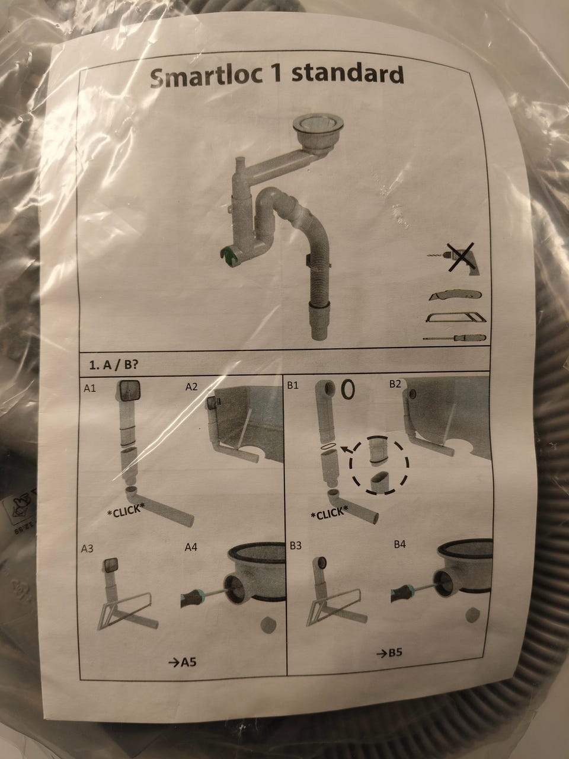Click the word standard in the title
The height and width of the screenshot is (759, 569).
point(347,74)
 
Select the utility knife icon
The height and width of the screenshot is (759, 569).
point(455,296)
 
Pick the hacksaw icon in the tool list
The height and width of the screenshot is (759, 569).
point(455,317)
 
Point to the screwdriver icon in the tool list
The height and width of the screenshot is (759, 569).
point(455,338)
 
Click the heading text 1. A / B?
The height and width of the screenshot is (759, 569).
point(113,365)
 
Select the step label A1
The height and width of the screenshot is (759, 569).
point(89,388)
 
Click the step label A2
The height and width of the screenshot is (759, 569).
point(191,387)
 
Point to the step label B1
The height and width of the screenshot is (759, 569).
point(293,385)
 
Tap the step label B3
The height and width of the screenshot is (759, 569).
point(295,546)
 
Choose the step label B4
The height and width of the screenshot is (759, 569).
point(399,544)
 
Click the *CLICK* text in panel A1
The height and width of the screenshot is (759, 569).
point(126,511)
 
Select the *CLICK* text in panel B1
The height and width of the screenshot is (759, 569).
point(330,514)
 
